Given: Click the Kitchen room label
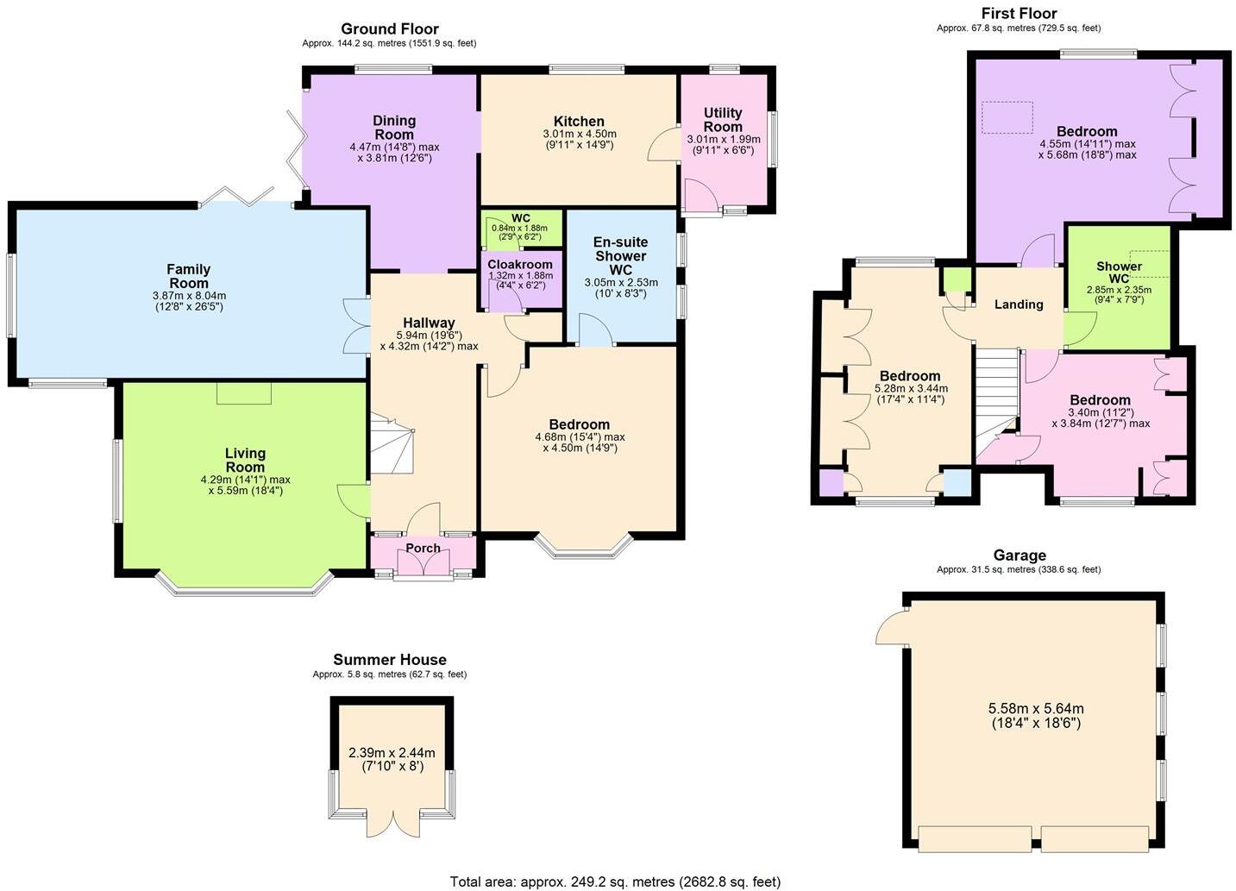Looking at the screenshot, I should pos(579,122).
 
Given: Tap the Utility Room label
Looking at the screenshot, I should pos(723,120).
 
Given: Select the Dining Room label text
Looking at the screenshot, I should pos(394,128).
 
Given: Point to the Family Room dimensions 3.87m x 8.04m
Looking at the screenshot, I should pos(188,296).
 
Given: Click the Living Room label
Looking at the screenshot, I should pos(245,460).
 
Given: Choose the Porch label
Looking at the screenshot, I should pos(423,549).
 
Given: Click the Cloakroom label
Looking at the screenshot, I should pos(520,265).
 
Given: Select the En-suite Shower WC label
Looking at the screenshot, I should pos(620,255).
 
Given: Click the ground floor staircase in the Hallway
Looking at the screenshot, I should pos(392,444).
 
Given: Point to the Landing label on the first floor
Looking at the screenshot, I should pos(1019,304).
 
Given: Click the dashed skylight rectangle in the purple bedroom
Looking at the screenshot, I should pos(1007,117).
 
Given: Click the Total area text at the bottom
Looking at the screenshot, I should pos(615,882).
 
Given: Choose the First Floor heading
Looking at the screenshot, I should pos(1019,13).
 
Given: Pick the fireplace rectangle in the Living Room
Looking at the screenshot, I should pos(244,393).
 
